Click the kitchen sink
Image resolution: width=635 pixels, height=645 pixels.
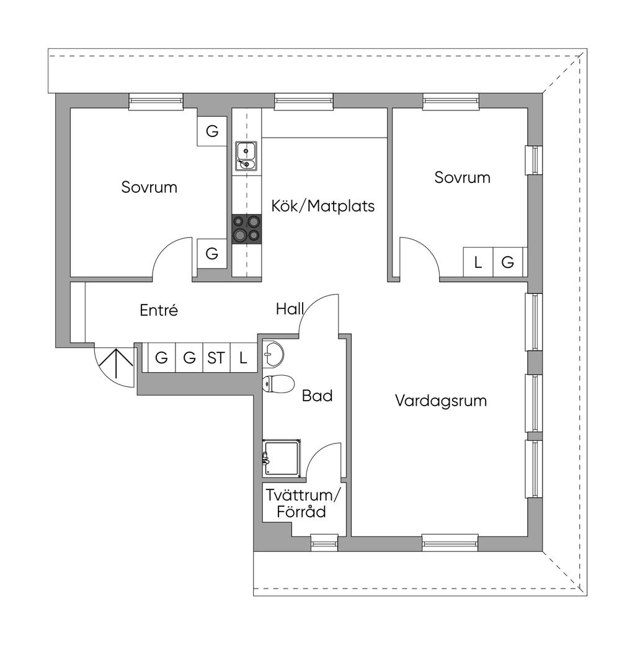(246, 156)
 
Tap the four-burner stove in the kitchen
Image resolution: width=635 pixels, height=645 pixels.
(246, 228)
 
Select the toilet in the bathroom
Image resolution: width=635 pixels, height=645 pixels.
(277, 384)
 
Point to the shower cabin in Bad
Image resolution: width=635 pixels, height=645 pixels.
(283, 458)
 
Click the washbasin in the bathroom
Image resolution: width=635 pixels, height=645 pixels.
(273, 354)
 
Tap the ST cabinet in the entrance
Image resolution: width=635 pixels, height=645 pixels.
(216, 358)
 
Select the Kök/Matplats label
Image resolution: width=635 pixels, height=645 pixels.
(322, 206)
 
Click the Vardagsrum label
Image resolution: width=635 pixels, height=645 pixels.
(441, 401)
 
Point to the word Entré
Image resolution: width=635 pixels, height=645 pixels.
(159, 310)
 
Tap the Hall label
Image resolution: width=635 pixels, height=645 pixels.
(289, 309)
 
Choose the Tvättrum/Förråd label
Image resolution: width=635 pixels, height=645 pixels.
(303, 504)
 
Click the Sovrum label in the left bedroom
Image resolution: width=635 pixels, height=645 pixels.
(149, 187)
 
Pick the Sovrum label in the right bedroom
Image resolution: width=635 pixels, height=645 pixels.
(462, 177)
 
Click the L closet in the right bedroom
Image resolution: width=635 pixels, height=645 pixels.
(477, 262)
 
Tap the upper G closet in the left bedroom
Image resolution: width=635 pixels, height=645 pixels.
(212, 131)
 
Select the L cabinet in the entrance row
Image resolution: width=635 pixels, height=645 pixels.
(243, 358)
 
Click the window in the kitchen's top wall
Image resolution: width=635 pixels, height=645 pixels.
(304, 100)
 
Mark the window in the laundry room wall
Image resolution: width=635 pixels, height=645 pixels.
(324, 542)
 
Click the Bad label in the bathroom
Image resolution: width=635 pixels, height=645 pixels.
(317, 396)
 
